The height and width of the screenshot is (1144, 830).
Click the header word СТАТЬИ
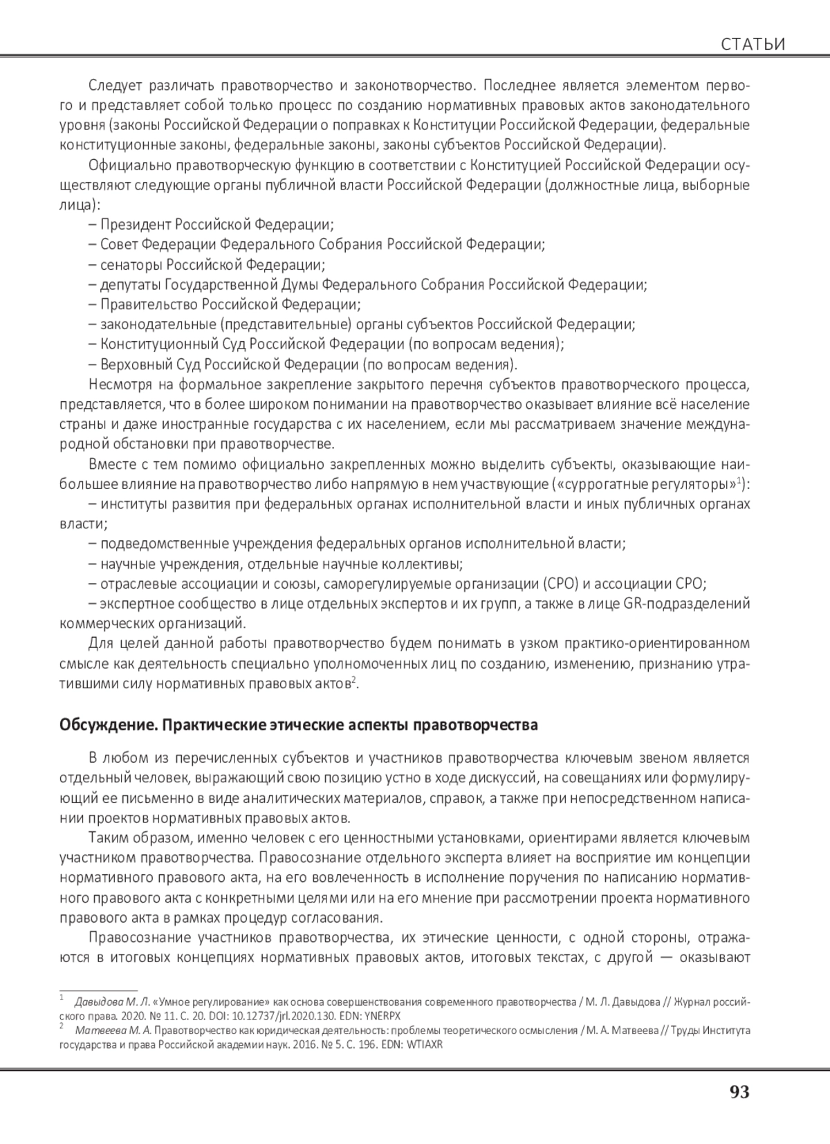pyautogui.click(x=753, y=45)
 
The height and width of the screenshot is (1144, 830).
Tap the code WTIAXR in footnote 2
pyautogui.click(x=423, y=1044)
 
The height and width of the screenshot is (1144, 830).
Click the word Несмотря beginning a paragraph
pyautogui.click(x=118, y=385)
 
